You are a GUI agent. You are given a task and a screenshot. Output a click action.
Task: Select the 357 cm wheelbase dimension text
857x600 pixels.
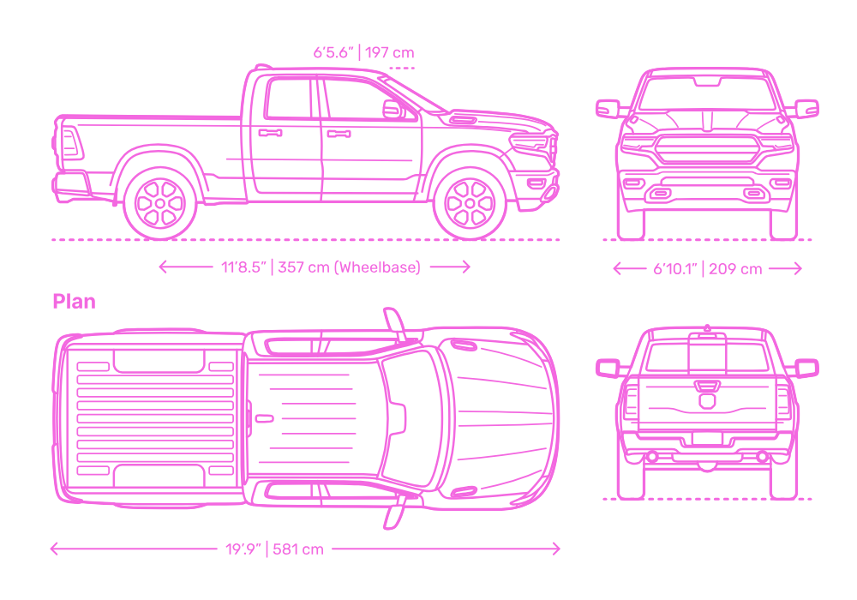click(321, 267)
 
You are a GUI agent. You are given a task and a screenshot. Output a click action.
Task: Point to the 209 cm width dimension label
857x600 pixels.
click(707, 269)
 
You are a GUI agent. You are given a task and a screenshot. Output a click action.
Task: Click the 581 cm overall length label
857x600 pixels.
click(274, 549)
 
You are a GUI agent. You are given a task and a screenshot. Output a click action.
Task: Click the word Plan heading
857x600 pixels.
click(74, 302)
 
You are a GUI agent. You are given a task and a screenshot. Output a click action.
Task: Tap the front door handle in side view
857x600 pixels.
click(339, 134)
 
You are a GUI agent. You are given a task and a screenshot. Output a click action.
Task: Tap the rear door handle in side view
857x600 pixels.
click(271, 133)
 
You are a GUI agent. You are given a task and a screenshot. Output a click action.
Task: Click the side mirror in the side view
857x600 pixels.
click(393, 109)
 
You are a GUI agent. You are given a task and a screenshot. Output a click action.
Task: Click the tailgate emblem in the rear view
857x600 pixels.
click(706, 399)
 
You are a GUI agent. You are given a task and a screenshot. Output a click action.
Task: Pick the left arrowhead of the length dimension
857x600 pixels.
click(53, 549)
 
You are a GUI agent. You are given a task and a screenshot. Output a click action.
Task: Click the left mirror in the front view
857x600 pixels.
click(608, 109)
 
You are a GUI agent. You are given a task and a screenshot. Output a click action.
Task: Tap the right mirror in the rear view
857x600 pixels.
click(806, 368)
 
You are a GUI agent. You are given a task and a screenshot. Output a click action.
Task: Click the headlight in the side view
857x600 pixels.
click(531, 142)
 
